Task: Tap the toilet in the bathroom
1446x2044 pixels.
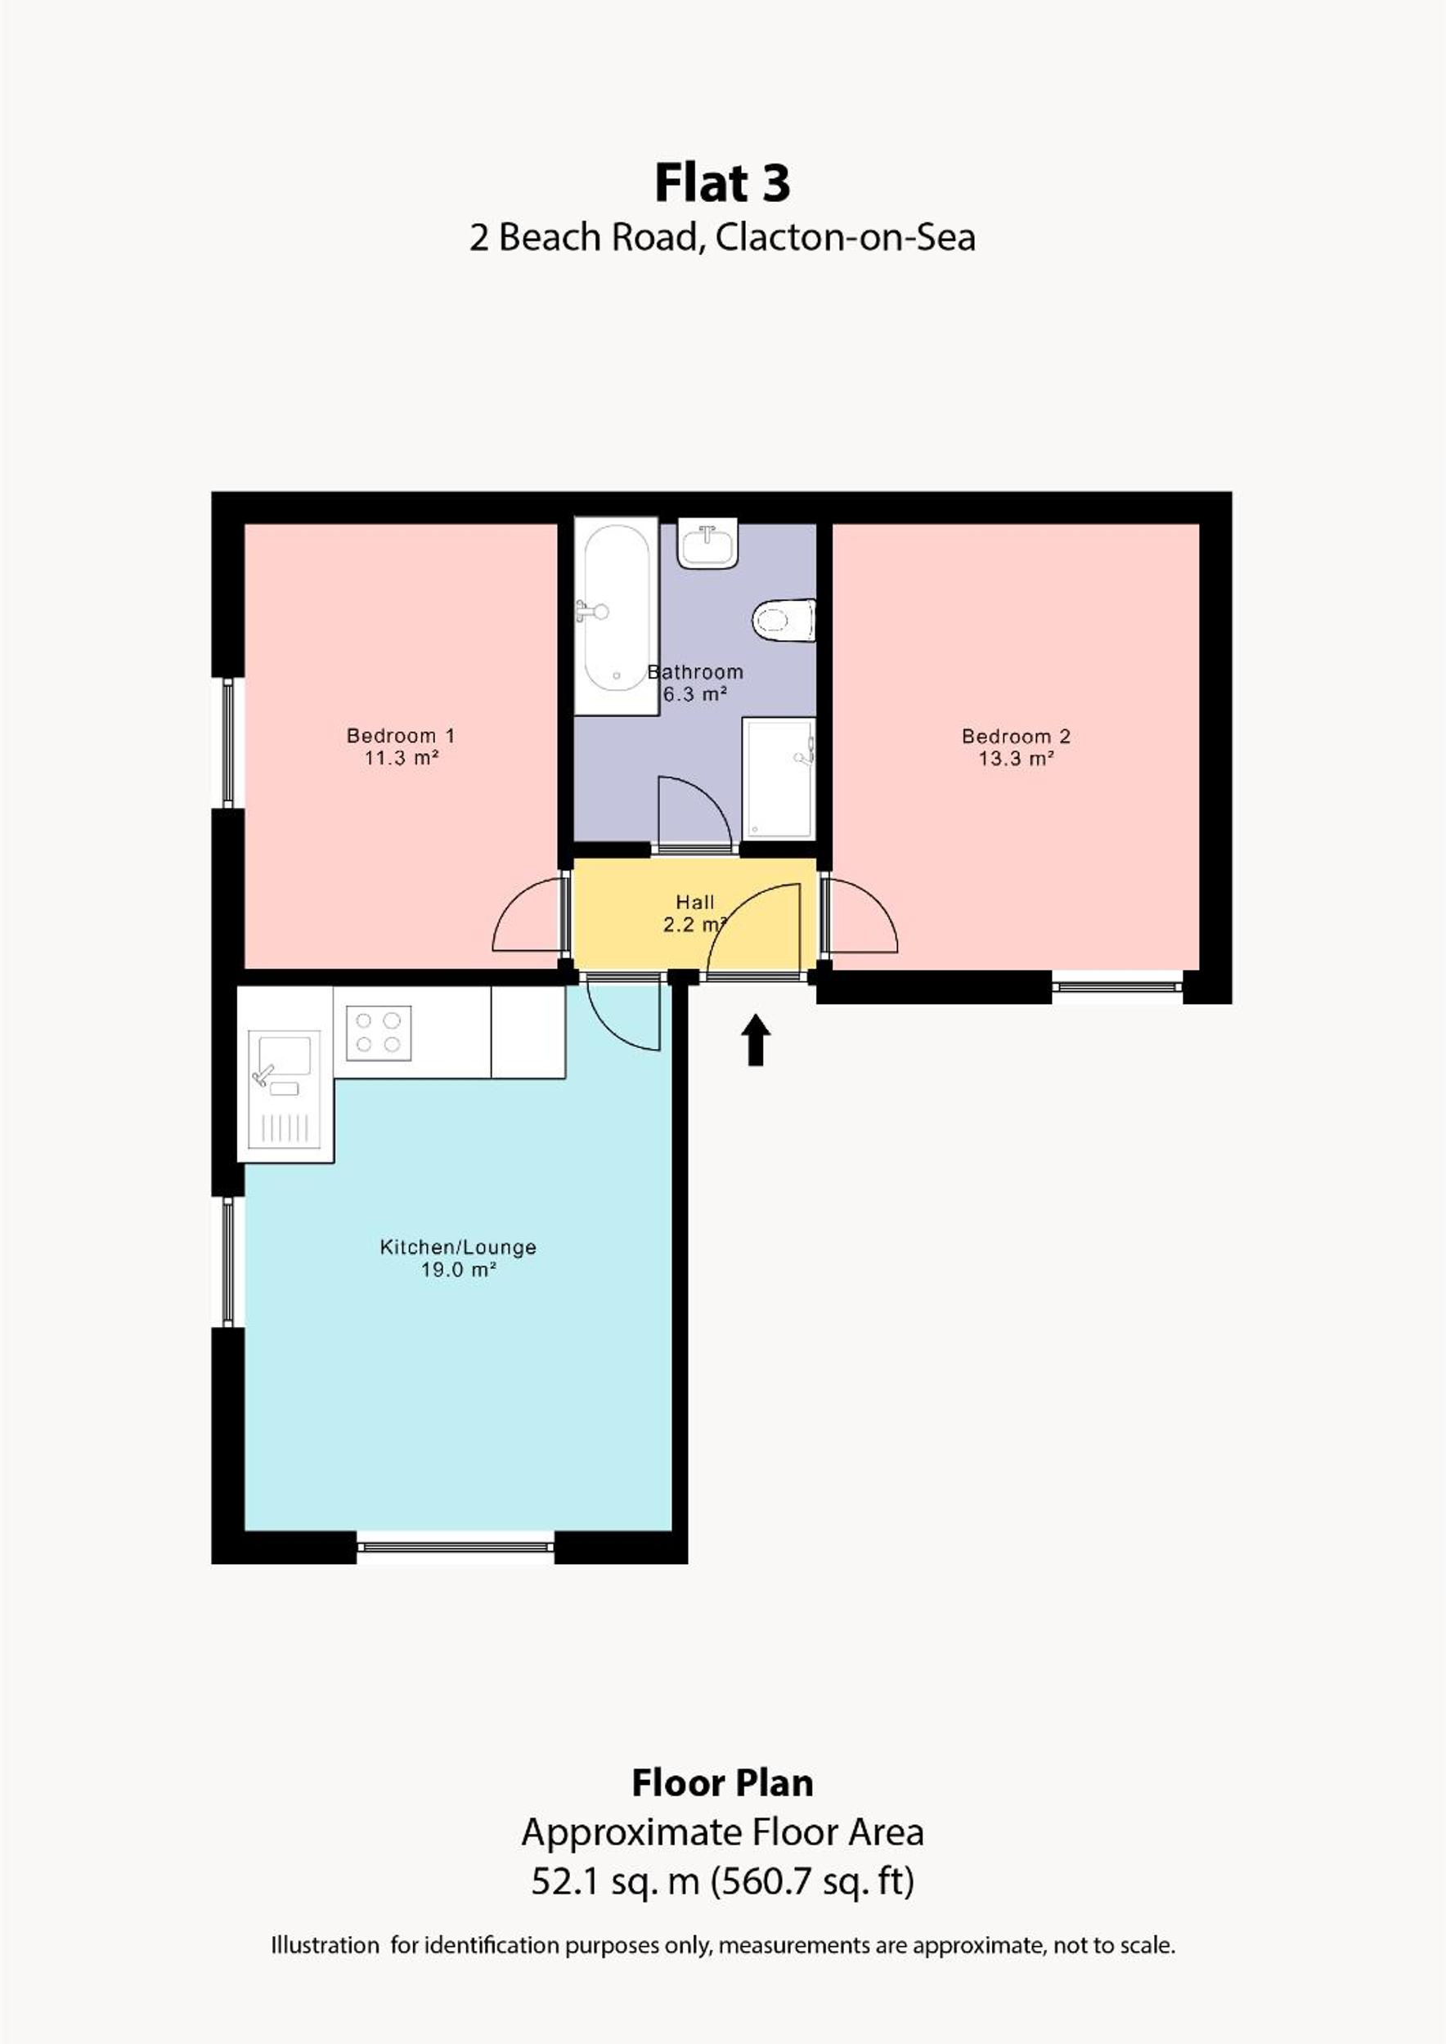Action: tap(784, 620)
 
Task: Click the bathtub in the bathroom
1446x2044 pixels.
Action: tap(616, 616)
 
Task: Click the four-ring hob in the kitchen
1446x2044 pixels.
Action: tap(379, 1033)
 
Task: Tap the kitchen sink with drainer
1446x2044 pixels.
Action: tap(284, 1090)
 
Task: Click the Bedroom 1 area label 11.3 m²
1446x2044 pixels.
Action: tap(402, 759)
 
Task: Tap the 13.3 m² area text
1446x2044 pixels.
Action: tap(1016, 760)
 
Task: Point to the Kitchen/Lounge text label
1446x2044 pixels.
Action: tap(459, 1247)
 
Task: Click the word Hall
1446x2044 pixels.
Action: tap(695, 903)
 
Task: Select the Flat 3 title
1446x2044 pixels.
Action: tap(722, 183)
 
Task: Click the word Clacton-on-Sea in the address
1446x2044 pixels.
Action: tap(845, 238)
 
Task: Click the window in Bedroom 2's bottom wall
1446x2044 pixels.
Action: tap(1117, 986)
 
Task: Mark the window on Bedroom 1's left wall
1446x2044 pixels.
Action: tap(228, 742)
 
